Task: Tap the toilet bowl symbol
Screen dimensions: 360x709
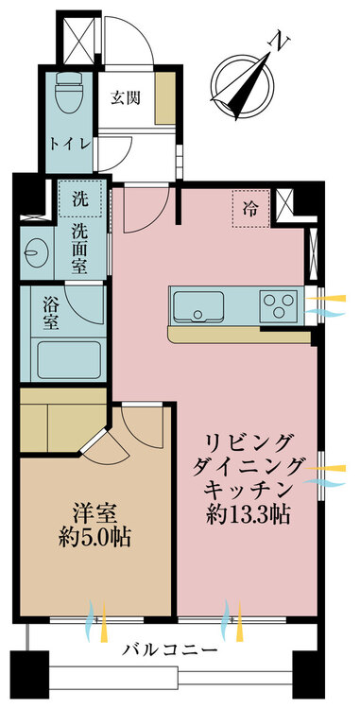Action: tap(68, 94)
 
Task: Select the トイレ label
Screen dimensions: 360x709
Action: tap(69, 145)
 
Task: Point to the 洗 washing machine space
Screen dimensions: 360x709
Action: tap(80, 199)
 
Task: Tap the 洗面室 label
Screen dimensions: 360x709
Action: tap(79, 251)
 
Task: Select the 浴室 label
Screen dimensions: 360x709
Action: tap(50, 313)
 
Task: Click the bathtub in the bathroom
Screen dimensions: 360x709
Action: tap(69, 360)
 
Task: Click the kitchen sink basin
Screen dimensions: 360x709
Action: tap(198, 306)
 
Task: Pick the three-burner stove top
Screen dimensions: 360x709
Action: tap(278, 305)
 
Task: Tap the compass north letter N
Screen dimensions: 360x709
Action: tap(279, 42)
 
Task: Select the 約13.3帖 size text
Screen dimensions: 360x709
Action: tap(248, 514)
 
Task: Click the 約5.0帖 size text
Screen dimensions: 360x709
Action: tap(94, 538)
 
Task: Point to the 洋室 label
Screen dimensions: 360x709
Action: tap(95, 514)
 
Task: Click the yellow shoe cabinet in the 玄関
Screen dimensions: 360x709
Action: tap(165, 97)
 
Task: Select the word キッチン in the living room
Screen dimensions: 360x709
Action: tap(247, 490)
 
